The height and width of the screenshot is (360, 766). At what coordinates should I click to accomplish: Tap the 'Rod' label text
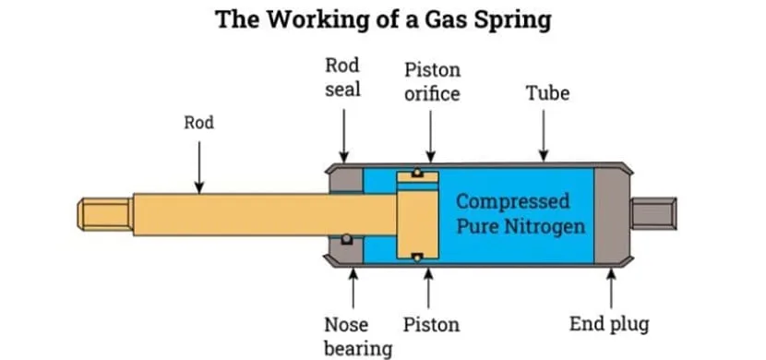click(x=198, y=122)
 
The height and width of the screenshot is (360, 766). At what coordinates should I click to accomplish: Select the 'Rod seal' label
click(x=342, y=78)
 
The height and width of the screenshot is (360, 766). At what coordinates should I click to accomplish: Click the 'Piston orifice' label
click(x=431, y=82)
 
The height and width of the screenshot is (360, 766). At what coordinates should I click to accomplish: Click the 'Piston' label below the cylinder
click(x=431, y=325)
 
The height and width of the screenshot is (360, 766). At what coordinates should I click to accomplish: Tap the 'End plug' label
click(x=608, y=325)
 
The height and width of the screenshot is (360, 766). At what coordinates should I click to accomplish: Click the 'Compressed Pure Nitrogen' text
click(x=521, y=213)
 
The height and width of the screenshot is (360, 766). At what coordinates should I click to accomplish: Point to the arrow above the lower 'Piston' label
click(x=429, y=286)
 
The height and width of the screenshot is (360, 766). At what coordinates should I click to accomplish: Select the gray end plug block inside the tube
click(x=608, y=213)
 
